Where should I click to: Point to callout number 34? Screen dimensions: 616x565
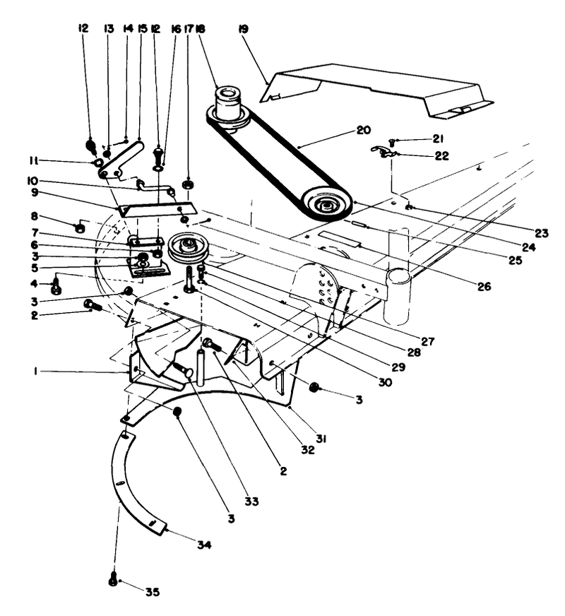(x=203, y=545)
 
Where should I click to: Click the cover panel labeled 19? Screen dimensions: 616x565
(x=381, y=88)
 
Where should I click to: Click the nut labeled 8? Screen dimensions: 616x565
(x=81, y=229)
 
